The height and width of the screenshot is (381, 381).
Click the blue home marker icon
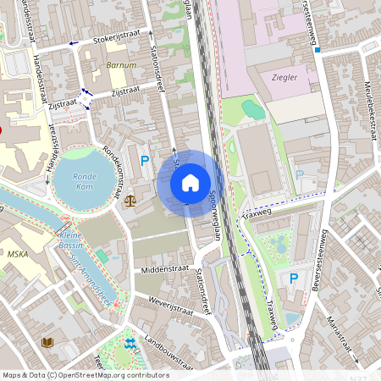click(x=190, y=182)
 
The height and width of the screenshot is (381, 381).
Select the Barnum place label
click(x=121, y=63)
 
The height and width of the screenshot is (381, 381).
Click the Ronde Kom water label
click(x=85, y=180)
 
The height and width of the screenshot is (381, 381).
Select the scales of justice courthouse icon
click(x=130, y=201)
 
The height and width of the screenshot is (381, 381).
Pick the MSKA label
click(x=18, y=253)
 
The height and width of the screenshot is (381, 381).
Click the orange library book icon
click(x=47, y=342)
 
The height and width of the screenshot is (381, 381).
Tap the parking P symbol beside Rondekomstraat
click(x=145, y=160)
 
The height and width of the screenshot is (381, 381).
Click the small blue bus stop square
click(x=317, y=49)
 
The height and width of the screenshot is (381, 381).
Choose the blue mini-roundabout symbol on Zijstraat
click(x=85, y=95)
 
